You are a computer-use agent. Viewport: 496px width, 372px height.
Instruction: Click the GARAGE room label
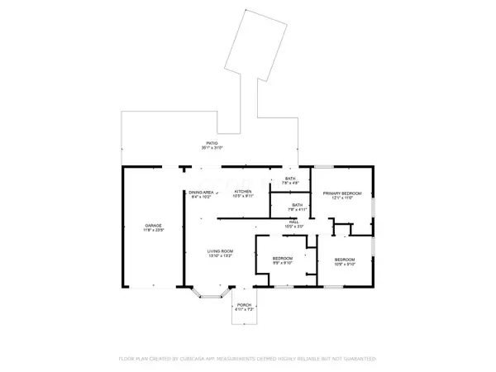tap(152, 225)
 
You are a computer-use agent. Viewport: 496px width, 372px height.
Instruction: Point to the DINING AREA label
tap(203, 192)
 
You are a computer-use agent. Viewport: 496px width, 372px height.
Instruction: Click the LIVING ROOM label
tap(220, 251)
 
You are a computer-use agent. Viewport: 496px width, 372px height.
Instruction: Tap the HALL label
tap(294, 221)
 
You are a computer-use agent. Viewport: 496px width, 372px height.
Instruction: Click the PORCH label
tap(244, 305)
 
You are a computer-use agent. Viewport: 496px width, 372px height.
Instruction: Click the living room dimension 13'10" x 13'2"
tap(220, 256)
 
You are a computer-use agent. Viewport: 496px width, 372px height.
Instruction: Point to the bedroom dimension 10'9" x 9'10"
tap(345, 265)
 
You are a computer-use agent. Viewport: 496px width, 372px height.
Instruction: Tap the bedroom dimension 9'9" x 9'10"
tap(284, 265)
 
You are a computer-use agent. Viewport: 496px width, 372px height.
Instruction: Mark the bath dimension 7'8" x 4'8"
tap(290, 184)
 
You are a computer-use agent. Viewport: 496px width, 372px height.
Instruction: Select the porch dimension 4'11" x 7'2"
tap(244, 310)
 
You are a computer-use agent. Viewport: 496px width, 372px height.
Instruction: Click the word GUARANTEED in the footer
tap(358, 360)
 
